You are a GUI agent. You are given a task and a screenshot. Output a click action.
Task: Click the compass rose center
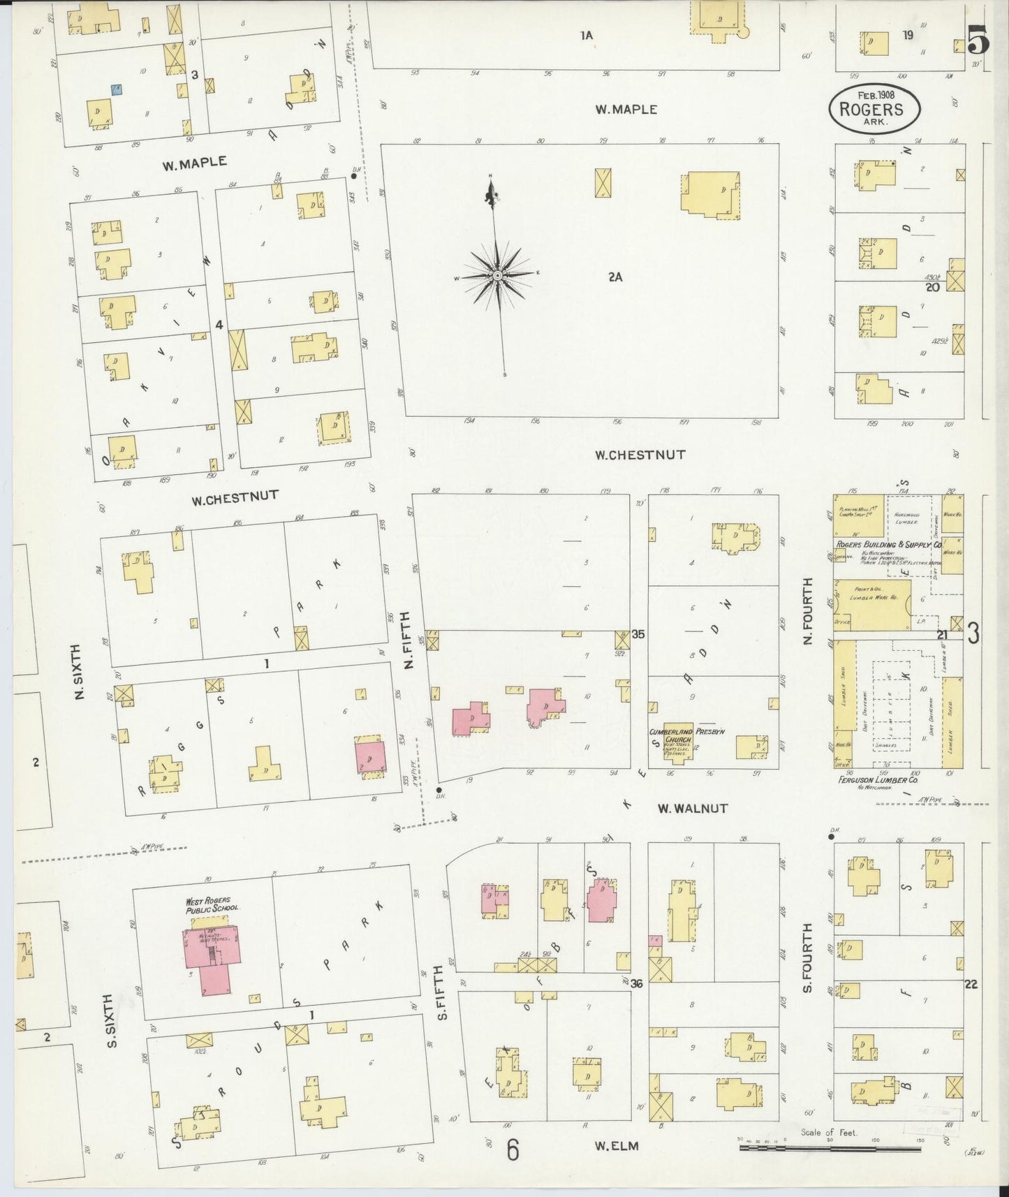click(x=496, y=276)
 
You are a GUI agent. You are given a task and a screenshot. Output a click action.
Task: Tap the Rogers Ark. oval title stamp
click(x=874, y=108)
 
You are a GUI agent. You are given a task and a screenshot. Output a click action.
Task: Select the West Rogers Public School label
click(x=212, y=904)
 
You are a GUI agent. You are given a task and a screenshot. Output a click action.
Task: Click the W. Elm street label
click(x=617, y=1145)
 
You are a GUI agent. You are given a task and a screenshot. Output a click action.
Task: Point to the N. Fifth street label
click(x=409, y=639)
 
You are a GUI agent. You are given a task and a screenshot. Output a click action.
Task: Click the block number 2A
click(x=614, y=277)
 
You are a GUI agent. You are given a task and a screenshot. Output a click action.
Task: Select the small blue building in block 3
click(x=117, y=89)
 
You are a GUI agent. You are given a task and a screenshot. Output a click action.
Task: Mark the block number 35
click(x=638, y=634)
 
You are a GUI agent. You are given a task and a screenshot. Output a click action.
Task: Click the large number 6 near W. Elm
click(x=513, y=1150)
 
